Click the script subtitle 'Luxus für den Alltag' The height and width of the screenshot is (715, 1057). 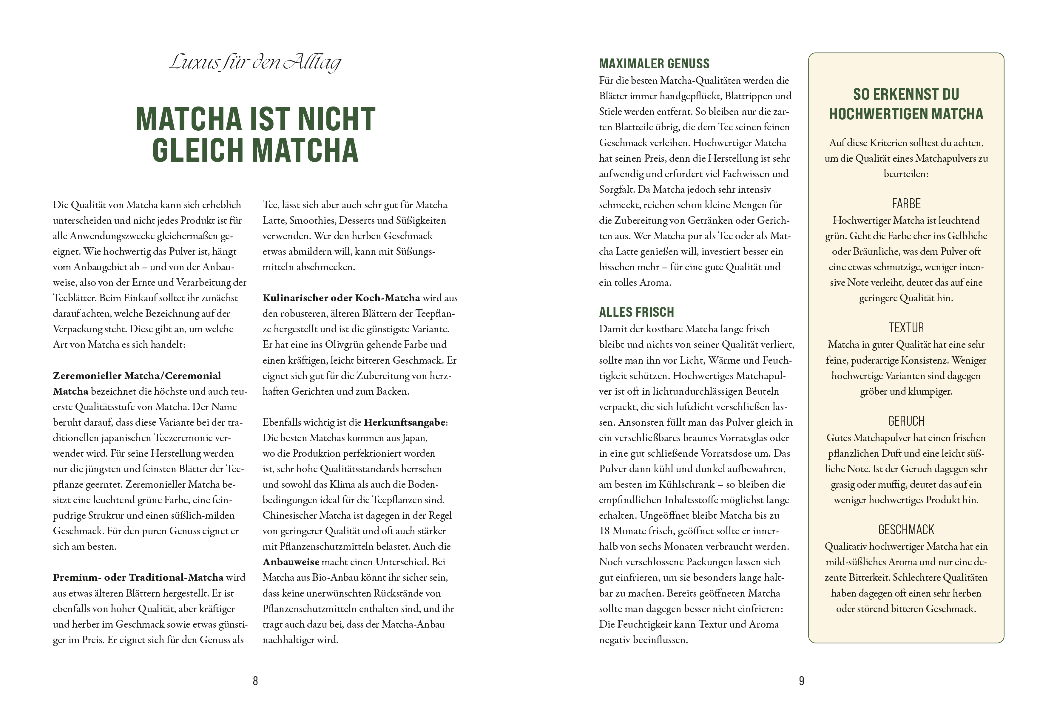[x=255, y=62]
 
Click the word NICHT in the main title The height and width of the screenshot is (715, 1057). [x=337, y=119]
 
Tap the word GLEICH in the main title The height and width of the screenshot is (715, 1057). [x=198, y=150]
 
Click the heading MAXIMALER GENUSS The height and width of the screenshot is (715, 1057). [x=654, y=64]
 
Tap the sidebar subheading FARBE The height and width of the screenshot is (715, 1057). [x=906, y=203]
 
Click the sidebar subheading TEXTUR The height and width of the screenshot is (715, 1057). [x=906, y=328]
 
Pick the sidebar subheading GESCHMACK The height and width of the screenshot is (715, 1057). [x=906, y=529]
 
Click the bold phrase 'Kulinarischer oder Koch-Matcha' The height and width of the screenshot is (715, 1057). [x=341, y=298]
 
